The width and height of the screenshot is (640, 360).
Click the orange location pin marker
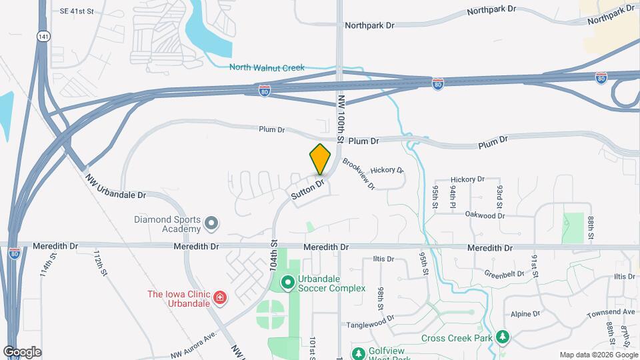point(320,159)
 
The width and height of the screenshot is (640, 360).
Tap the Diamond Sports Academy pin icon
point(211,223)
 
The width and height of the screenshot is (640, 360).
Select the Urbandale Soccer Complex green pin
point(288,283)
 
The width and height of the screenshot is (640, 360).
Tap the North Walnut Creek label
point(267,67)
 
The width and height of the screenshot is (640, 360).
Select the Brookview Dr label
point(359,173)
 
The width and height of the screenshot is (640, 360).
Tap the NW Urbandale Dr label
point(115,187)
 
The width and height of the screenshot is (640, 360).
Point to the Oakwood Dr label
point(485,215)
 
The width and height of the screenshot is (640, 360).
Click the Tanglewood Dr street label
point(371,325)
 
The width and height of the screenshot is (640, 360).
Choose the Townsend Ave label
point(611,312)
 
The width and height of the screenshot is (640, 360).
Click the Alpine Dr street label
point(525,314)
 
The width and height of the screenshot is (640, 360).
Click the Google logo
point(22,351)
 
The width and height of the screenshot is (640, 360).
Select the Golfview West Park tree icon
point(359,352)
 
